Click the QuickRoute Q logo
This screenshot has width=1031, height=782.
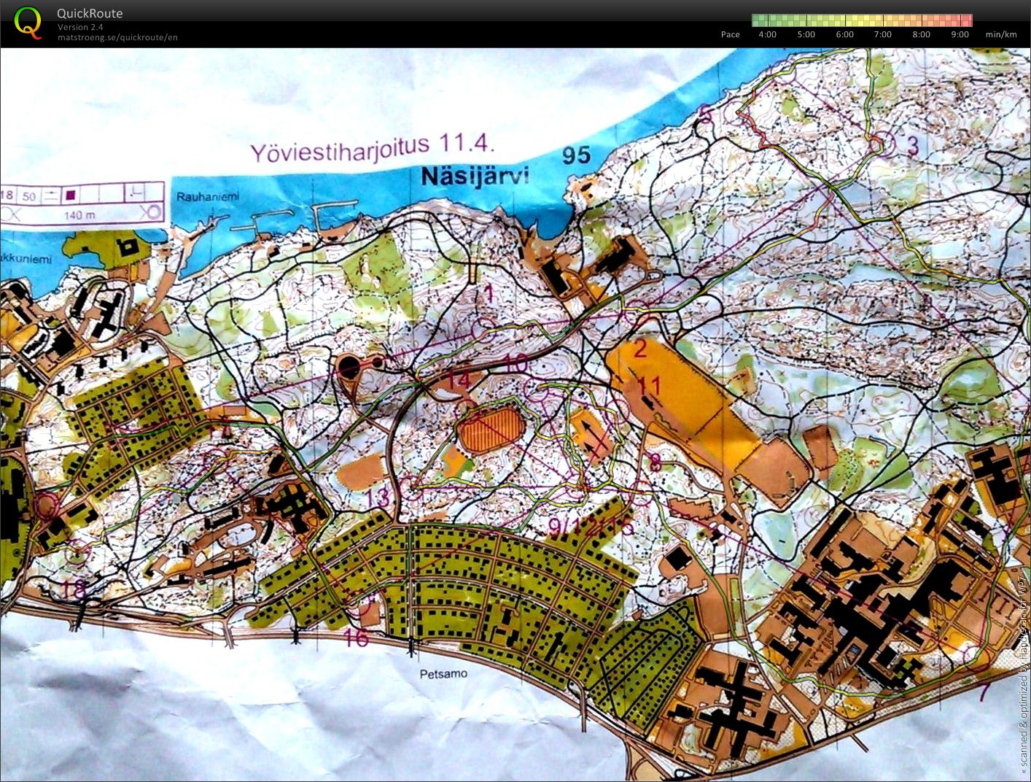click(x=28, y=23)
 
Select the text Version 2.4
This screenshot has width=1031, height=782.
click(x=80, y=27)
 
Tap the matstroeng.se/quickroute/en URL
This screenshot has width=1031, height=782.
click(x=117, y=37)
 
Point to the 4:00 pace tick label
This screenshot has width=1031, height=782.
click(x=767, y=34)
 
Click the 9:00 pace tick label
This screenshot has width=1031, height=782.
click(x=960, y=34)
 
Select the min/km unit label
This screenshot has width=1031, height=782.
click(x=1000, y=34)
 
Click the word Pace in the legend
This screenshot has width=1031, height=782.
click(x=730, y=34)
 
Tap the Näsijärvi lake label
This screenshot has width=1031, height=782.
click(x=475, y=177)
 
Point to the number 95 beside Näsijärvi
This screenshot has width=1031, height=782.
click(x=576, y=155)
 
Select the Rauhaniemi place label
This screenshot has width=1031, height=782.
click(x=207, y=197)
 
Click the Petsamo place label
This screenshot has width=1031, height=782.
click(x=443, y=674)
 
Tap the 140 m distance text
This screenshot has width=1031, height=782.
click(x=79, y=215)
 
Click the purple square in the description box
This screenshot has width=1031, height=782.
click(x=71, y=195)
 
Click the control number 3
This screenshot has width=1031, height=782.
click(x=912, y=145)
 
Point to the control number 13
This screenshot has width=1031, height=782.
click(x=378, y=498)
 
